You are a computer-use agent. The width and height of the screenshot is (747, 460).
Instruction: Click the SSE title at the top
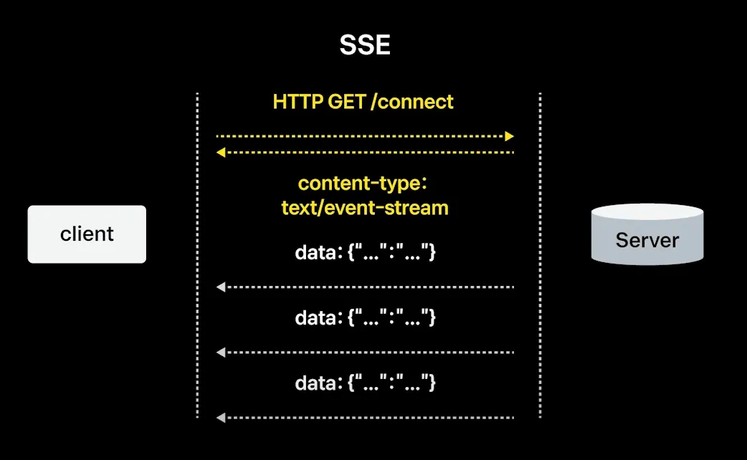click(x=365, y=46)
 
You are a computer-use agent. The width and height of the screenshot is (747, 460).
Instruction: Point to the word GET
click(x=347, y=102)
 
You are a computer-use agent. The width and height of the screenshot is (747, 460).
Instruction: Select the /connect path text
click(x=412, y=102)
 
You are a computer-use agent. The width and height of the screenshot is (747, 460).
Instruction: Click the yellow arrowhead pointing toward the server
click(x=510, y=135)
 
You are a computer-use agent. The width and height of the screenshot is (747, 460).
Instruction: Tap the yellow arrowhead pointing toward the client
click(x=221, y=152)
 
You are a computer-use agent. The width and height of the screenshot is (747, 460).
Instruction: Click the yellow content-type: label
click(x=363, y=183)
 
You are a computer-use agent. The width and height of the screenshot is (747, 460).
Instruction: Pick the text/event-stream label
click(x=364, y=208)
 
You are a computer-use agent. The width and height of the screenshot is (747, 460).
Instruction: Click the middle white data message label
click(x=365, y=317)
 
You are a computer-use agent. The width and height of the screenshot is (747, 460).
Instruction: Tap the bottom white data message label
click(x=365, y=383)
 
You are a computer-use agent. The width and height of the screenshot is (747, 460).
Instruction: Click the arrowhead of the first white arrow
click(x=221, y=287)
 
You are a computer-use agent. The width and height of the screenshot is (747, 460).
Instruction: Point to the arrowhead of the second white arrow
click(x=221, y=353)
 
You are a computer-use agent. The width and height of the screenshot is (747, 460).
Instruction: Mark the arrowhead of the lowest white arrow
click(x=221, y=417)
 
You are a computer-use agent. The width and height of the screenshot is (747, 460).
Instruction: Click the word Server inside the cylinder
click(x=647, y=240)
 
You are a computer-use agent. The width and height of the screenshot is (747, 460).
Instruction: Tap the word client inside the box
click(x=87, y=234)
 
